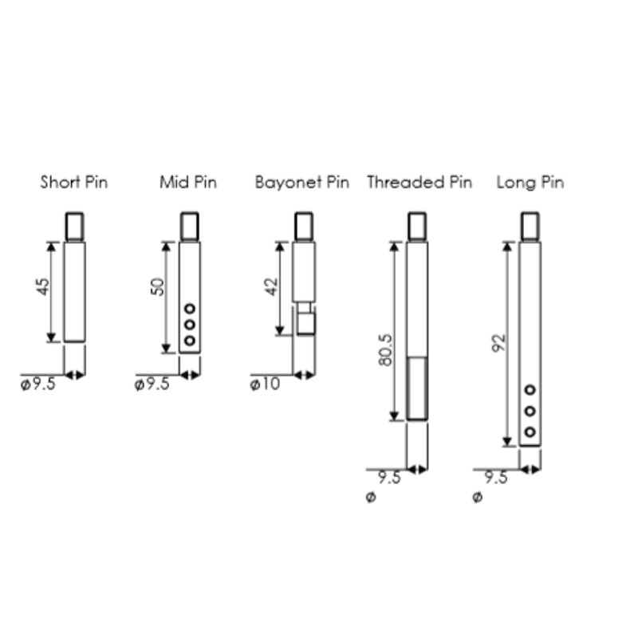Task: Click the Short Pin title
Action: pyautogui.click(x=74, y=183)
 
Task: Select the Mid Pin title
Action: pyautogui.click(x=188, y=183)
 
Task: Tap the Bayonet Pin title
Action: pyautogui.click(x=302, y=183)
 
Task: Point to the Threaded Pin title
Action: pyautogui.click(x=419, y=183)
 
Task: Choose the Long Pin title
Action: pyautogui.click(x=530, y=183)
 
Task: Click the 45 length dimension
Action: pyautogui.click(x=43, y=286)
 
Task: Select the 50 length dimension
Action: pyautogui.click(x=157, y=286)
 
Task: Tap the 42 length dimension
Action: pyautogui.click(x=271, y=286)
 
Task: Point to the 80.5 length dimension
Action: pyautogui.click(x=385, y=350)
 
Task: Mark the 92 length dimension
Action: pyautogui.click(x=499, y=343)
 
